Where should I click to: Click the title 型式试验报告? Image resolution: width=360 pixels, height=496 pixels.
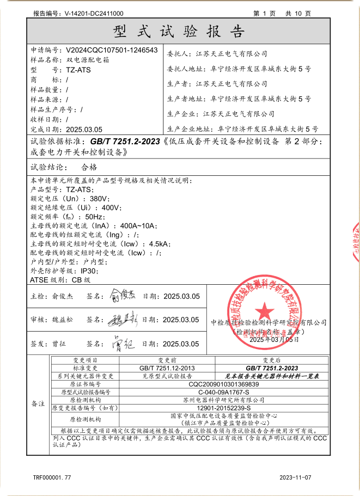pos(179,30)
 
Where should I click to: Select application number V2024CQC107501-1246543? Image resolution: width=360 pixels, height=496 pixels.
pos(112,50)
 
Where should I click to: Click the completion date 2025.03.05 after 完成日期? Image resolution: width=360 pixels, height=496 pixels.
pos(84,130)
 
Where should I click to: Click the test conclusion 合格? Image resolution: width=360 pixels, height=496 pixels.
pos(89,167)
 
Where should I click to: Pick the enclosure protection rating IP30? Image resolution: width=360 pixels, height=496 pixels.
pos(89,271)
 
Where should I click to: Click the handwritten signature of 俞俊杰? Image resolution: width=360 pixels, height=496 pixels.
pos(121,296)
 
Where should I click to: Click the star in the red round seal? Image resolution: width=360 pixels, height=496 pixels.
pos(265,311)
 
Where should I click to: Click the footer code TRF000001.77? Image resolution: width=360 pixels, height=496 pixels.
pos(52,477)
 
